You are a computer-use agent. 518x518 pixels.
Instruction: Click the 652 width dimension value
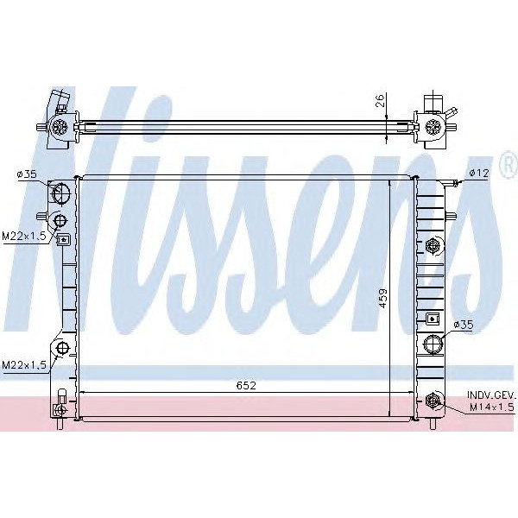click(246, 385)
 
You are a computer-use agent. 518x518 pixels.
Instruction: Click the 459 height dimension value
click(382, 299)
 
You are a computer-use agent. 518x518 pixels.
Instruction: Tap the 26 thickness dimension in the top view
click(381, 100)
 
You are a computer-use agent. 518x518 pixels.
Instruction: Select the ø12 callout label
click(479, 173)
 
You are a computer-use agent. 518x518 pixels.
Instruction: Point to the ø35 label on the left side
click(27, 174)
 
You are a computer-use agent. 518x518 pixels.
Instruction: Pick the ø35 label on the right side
click(464, 325)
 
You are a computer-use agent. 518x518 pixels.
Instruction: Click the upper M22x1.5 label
click(24, 237)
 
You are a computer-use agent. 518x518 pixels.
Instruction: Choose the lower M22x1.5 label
click(24, 364)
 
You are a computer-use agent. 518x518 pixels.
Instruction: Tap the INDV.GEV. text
click(491, 395)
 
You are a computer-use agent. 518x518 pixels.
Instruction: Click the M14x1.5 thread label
click(492, 407)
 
